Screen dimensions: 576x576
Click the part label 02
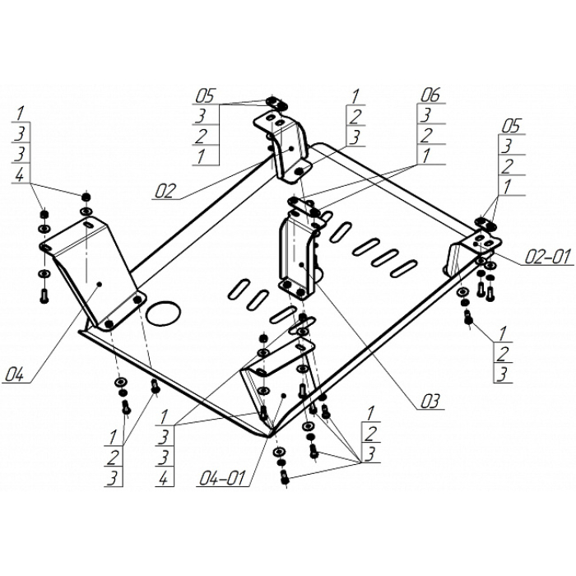click(x=165, y=192)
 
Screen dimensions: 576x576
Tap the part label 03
click(x=430, y=402)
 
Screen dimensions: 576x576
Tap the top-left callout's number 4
click(x=20, y=174)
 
